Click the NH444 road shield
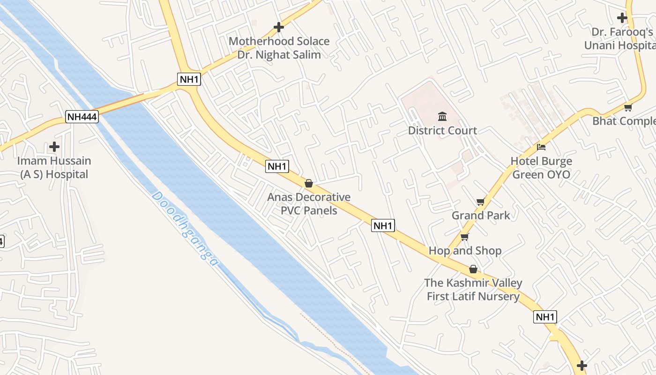[x=82, y=117]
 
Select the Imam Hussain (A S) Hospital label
[x=54, y=167]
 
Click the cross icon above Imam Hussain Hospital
[x=54, y=147]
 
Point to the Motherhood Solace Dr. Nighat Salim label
[x=279, y=48]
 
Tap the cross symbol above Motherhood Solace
[x=279, y=27]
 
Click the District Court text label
[x=442, y=130]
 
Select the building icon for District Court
[x=442, y=116]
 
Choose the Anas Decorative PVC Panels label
[x=309, y=203]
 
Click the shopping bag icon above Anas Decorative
[x=309, y=183]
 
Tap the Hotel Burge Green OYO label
[x=541, y=168]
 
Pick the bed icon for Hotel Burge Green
[x=541, y=147]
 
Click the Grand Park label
[x=481, y=215]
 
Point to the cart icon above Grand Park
[x=480, y=202]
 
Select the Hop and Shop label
[x=465, y=251]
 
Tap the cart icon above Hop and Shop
[x=464, y=237]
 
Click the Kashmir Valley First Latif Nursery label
[x=473, y=290]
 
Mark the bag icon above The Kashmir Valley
[x=473, y=269]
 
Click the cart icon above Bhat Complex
[x=628, y=108]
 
